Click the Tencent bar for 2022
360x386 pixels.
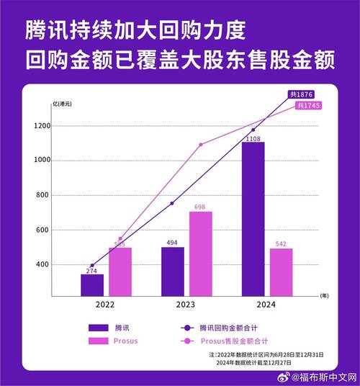click(92, 285)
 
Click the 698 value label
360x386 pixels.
click(201, 207)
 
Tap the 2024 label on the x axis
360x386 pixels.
click(266, 305)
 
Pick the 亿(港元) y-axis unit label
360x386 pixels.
click(63, 105)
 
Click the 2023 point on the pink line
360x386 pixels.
click(200, 145)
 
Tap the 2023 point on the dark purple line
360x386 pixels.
click(172, 203)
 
